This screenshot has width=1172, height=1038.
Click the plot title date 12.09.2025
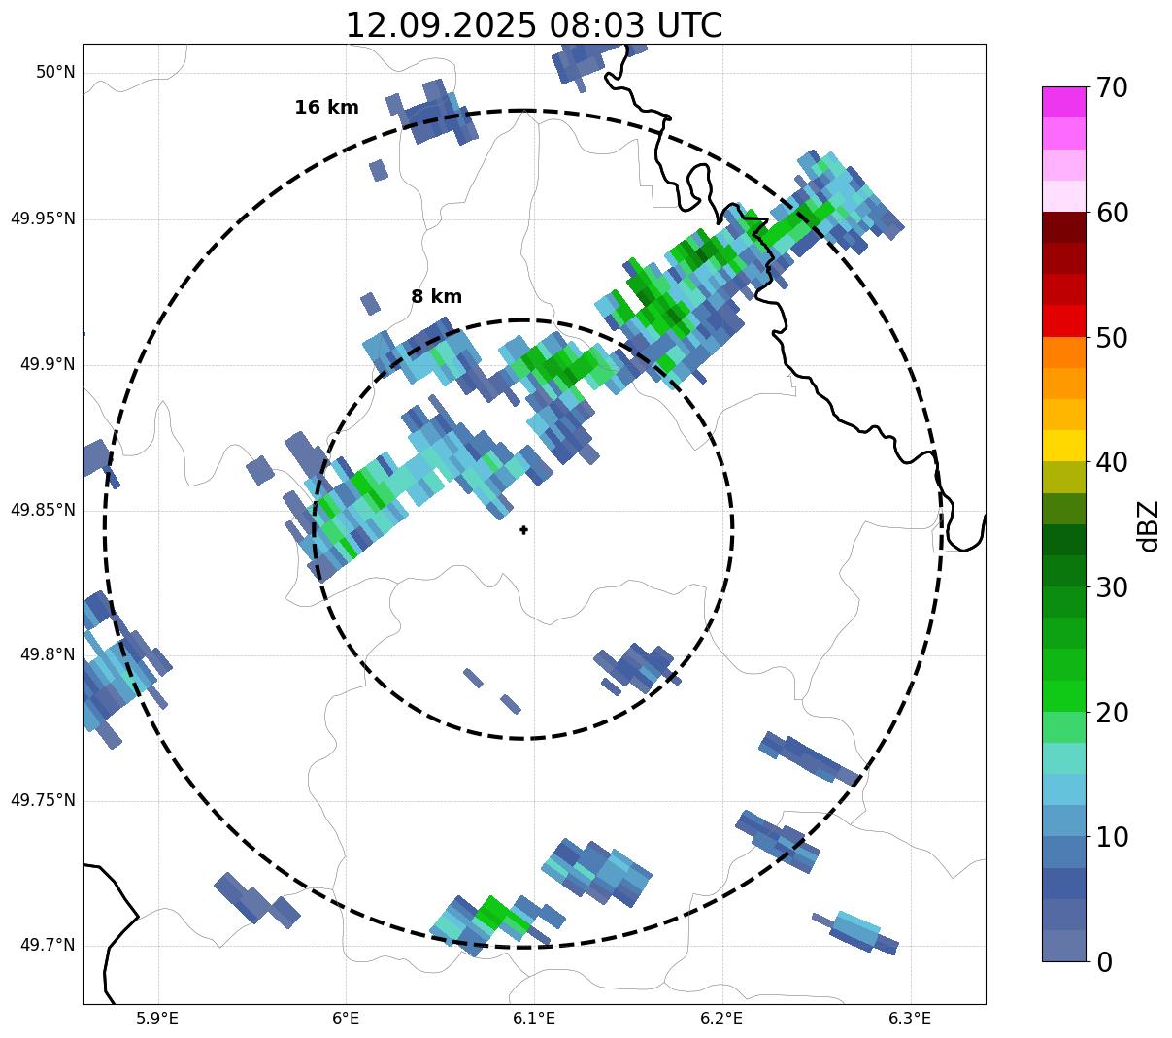(440, 25)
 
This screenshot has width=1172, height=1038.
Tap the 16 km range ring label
(326, 108)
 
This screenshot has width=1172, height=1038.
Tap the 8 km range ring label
(436, 297)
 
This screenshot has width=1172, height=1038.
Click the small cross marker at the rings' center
(524, 530)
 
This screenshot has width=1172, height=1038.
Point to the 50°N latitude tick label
(55, 73)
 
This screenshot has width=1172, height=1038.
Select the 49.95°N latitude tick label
(43, 218)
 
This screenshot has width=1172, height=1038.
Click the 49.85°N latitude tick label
(43, 510)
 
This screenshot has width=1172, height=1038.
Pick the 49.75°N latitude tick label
(43, 800)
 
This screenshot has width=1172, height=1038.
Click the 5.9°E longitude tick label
(157, 1019)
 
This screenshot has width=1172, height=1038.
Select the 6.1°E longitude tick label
(533, 1019)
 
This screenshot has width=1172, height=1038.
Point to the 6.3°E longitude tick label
(910, 1019)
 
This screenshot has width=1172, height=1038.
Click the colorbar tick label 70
(1112, 87)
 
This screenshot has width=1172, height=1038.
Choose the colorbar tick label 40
(1112, 462)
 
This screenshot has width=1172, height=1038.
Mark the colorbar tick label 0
(1104, 962)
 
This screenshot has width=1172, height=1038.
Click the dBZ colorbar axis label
(1150, 525)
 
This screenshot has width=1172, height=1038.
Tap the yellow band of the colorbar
(1063, 446)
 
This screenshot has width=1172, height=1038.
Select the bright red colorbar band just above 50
(1063, 321)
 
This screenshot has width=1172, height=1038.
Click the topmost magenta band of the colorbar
(1063, 102)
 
